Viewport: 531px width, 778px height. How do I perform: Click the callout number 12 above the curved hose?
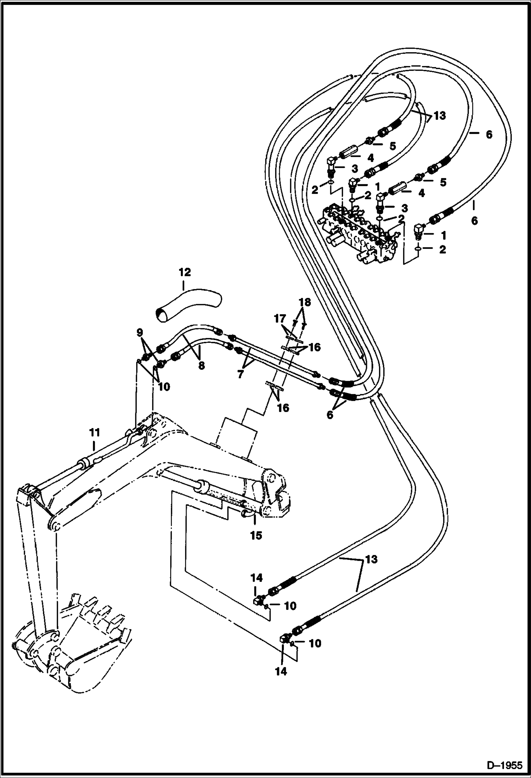(x=185, y=272)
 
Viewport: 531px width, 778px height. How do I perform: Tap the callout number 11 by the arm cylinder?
(x=94, y=433)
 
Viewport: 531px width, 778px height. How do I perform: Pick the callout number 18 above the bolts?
(x=304, y=302)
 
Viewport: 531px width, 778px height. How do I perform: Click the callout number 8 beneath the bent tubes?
(x=201, y=366)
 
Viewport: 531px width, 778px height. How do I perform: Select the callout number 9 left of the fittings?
(x=140, y=332)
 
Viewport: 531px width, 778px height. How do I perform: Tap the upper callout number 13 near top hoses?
(x=440, y=116)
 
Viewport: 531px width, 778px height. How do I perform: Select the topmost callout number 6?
(x=489, y=135)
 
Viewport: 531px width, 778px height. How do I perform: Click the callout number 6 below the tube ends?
(x=330, y=415)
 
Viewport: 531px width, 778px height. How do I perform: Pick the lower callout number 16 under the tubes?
(x=283, y=408)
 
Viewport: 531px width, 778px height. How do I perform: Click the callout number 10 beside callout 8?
(x=164, y=387)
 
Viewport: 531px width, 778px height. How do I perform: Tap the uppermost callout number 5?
(x=392, y=146)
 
